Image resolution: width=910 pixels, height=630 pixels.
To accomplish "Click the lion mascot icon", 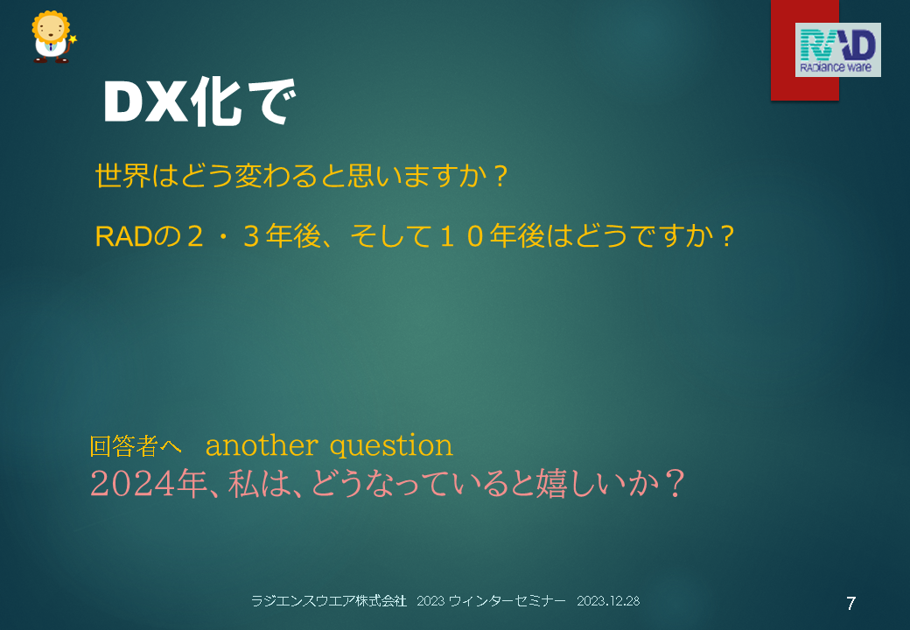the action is [x=53, y=37].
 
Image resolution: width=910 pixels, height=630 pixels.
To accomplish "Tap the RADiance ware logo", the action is [x=837, y=50].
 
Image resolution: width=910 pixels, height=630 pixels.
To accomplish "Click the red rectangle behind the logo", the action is [x=804, y=50].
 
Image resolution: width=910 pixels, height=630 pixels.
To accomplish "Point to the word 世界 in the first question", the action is [x=123, y=176].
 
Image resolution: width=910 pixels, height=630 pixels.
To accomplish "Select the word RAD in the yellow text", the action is [x=123, y=236].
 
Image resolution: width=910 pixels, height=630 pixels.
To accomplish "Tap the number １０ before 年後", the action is [x=461, y=236].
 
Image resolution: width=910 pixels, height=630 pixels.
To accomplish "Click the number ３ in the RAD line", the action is [x=251, y=236].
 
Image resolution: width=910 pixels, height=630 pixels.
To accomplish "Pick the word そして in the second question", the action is [x=391, y=236].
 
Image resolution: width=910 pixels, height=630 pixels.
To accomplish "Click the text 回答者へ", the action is [x=136, y=446].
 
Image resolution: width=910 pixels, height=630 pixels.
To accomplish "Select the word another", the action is [x=262, y=445].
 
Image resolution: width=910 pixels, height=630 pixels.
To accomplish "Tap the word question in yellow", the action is [x=391, y=446].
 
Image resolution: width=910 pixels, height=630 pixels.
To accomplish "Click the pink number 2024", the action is [x=133, y=484].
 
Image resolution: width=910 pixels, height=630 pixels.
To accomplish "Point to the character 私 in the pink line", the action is [x=243, y=484].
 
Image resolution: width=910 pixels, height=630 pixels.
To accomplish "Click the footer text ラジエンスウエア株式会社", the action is [x=328, y=601].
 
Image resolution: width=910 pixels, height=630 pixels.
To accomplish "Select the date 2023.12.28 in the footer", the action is [x=608, y=601].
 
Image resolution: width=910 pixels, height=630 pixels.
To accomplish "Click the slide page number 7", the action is [x=850, y=604].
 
